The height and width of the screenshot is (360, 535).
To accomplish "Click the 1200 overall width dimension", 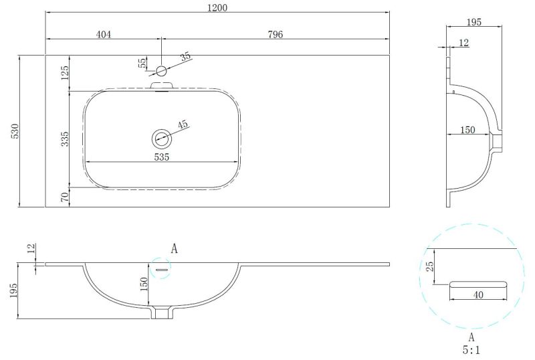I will pyautogui.click(x=218, y=8).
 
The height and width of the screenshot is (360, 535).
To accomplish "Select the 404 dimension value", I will pyautogui.click(x=103, y=35).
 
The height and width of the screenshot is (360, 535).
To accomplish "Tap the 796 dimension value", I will pyautogui.click(x=275, y=35).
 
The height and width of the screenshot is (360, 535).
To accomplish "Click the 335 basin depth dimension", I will pyautogui.click(x=65, y=139).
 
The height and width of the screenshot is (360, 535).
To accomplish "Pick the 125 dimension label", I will pyautogui.click(x=65, y=73).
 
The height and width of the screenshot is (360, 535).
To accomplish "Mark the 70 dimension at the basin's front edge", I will pyautogui.click(x=65, y=197).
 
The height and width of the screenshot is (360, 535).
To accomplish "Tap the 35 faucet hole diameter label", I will pyautogui.click(x=185, y=57).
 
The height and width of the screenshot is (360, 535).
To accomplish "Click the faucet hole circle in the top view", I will pyautogui.click(x=161, y=70).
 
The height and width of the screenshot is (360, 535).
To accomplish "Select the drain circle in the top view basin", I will pyautogui.click(x=161, y=139).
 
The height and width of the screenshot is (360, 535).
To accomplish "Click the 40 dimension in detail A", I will pyautogui.click(x=477, y=294).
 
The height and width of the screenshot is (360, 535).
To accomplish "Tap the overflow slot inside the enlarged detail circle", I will pyautogui.click(x=477, y=284).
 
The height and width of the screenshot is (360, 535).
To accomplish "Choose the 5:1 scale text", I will pyautogui.click(x=471, y=350).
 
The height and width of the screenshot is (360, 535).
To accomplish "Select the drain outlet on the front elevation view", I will pyautogui.click(x=161, y=312).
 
